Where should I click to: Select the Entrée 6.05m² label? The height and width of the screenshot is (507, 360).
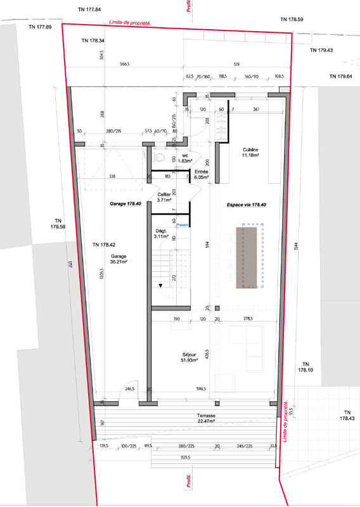[202, 176]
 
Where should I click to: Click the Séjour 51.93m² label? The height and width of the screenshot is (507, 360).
[189, 357]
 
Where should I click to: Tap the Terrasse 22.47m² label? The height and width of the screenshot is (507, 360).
[206, 418]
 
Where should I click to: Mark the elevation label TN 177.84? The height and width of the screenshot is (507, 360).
[89, 10]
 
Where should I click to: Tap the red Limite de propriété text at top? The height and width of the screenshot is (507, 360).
[129, 22]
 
